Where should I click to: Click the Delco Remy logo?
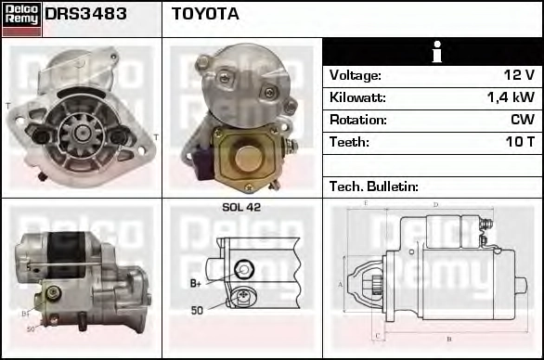[21, 19]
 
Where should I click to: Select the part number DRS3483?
[85, 14]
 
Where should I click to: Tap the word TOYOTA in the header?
[205, 14]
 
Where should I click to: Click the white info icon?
[437, 51]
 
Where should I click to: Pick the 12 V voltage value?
[519, 75]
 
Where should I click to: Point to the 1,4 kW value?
[511, 97]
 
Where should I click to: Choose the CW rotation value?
[523, 120]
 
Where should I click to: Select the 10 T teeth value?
[520, 142]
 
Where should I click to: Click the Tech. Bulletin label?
[374, 186]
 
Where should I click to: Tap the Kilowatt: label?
[357, 97]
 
